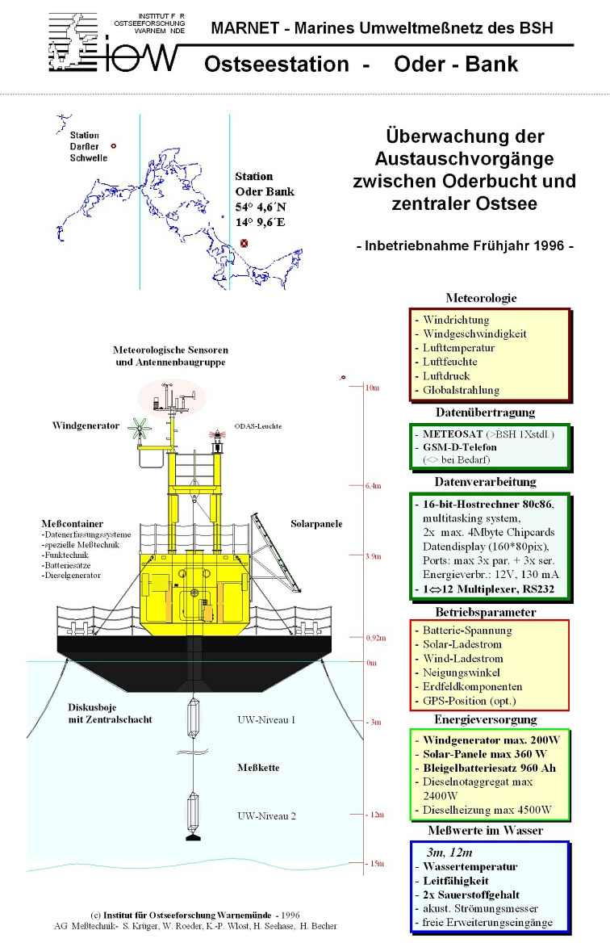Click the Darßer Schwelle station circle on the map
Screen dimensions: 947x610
[114, 146]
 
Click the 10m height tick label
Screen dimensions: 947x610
[372, 388]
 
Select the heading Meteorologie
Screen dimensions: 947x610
[482, 298]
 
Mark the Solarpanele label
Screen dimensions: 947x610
[316, 524]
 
